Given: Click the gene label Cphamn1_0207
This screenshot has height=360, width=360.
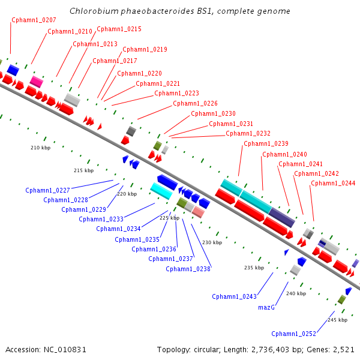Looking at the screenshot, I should [34, 20].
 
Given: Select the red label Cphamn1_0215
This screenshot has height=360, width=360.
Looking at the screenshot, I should [119, 29].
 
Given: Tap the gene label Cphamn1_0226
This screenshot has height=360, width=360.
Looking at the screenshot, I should [195, 103].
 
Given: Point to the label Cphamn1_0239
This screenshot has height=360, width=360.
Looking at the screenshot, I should [266, 143].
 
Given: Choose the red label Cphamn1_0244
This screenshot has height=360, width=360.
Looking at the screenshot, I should [333, 183].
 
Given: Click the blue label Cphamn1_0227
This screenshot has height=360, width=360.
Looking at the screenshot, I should [47, 190].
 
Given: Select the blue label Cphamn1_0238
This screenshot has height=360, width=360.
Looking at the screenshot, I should [188, 269].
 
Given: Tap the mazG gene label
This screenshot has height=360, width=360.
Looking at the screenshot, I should [266, 307].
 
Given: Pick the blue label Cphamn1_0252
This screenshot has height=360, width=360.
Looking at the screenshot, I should [293, 334].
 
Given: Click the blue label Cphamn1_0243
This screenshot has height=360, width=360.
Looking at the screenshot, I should [234, 296].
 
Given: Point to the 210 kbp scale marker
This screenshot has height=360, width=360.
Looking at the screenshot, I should [41, 148].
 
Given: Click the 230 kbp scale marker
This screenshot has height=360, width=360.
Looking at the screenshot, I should [212, 242].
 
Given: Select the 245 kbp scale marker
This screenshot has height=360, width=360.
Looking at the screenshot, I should [337, 320].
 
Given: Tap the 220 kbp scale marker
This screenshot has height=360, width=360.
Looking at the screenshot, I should [127, 194].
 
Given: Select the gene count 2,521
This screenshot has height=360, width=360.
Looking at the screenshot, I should [343, 349].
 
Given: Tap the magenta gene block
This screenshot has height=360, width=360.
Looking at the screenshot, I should [36, 81].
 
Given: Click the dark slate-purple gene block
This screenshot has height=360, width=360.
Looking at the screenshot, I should [281, 217].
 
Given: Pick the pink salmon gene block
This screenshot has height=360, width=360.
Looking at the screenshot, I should [199, 212].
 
